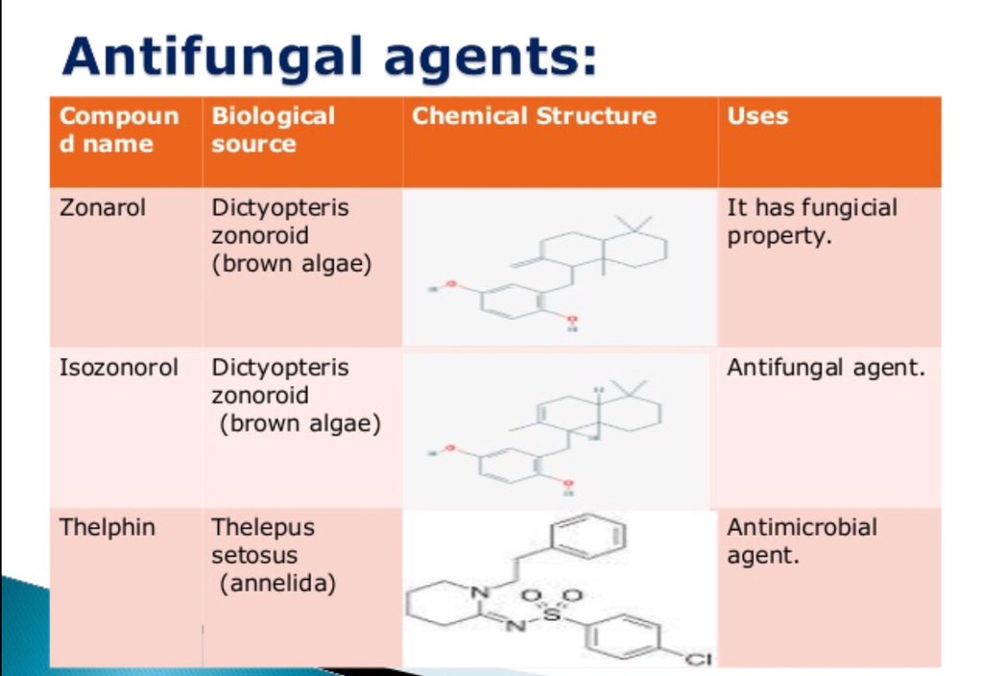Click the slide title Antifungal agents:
329,58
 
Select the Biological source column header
273,131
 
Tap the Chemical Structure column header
534,116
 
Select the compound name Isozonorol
119,368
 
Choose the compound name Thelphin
108,527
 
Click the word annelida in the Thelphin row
277,583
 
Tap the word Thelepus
263,527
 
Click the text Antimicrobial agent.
803,541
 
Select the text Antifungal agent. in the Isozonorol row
826,368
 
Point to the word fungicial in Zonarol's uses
849,207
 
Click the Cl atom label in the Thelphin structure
697,659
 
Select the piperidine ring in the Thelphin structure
443,605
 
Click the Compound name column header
119,131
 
